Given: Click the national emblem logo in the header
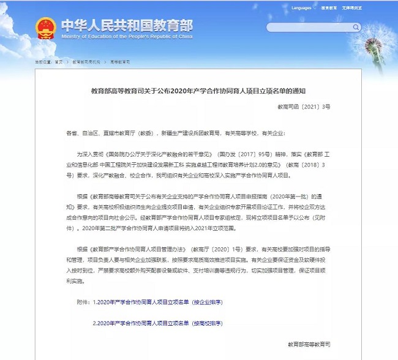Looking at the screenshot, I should (45, 28).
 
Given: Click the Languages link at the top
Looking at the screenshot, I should (302, 8).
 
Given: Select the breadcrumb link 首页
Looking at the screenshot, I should (59, 62).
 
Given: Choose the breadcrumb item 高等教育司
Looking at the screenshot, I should (120, 62).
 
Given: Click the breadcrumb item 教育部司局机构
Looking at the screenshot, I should (86, 62).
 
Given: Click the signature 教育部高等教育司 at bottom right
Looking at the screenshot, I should (309, 345).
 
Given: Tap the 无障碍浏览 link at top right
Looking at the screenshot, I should (352, 8).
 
